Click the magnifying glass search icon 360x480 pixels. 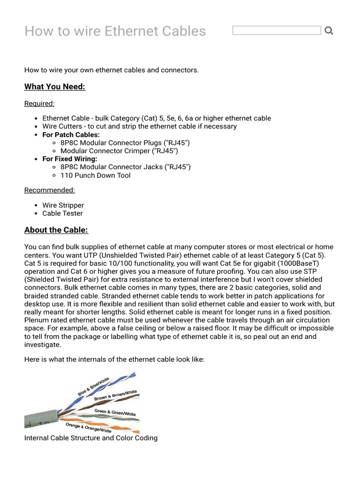click(x=329, y=31)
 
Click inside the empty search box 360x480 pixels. click(x=277, y=30)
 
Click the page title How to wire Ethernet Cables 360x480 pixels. click(x=115, y=31)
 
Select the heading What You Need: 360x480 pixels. click(x=55, y=87)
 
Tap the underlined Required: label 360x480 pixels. click(x=39, y=103)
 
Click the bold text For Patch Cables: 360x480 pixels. click(x=71, y=135)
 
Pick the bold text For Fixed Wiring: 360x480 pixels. click(x=70, y=159)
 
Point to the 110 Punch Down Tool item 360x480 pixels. click(x=96, y=175)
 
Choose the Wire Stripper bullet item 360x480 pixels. click(x=63, y=205)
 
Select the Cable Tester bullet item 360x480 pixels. click(x=62, y=213)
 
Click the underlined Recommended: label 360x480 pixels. click(x=50, y=190)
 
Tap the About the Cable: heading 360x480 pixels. click(x=56, y=230)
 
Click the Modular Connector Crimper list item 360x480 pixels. click(x=119, y=151)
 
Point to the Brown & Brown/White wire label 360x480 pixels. click(x=115, y=395)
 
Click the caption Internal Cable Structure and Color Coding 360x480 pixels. click(x=91, y=438)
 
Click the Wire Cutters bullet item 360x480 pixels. click(x=139, y=126)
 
